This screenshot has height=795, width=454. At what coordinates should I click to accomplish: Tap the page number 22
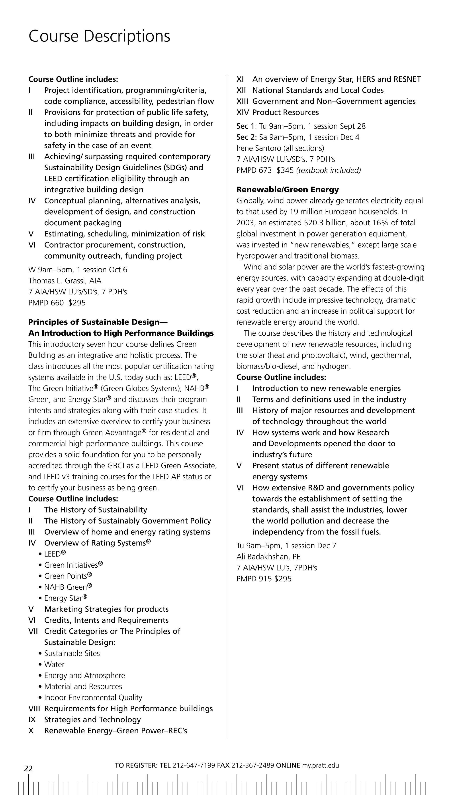pos(28,768)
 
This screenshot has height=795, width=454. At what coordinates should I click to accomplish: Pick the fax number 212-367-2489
pos(252,765)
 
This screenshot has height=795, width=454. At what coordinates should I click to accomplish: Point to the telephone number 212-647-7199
pos(194,765)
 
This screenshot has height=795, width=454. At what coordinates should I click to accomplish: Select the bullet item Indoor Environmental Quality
pos(93,697)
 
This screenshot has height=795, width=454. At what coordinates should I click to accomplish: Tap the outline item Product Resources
pos(285,112)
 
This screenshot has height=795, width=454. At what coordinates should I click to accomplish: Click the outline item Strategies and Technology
pos(92,720)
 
